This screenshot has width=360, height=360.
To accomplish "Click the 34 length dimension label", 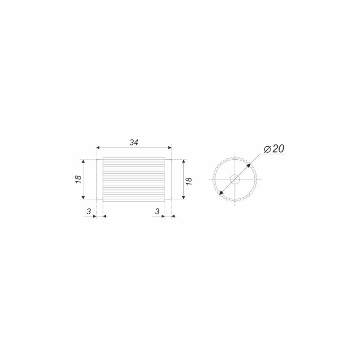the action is [134, 142].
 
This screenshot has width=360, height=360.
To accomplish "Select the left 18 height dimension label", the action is [78, 179].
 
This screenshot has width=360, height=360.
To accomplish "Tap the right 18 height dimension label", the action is [189, 181].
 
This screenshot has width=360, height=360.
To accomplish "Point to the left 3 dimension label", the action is [89, 211].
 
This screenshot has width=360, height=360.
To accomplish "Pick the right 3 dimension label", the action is [157, 211].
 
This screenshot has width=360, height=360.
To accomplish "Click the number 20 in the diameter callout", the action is [279, 149].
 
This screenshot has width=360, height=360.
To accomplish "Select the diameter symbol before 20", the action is [268, 149].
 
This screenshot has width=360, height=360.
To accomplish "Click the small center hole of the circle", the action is [235, 179].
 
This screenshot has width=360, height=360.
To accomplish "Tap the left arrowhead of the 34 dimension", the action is [98, 148].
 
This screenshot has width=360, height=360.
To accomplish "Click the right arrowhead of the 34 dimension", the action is [170, 148].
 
